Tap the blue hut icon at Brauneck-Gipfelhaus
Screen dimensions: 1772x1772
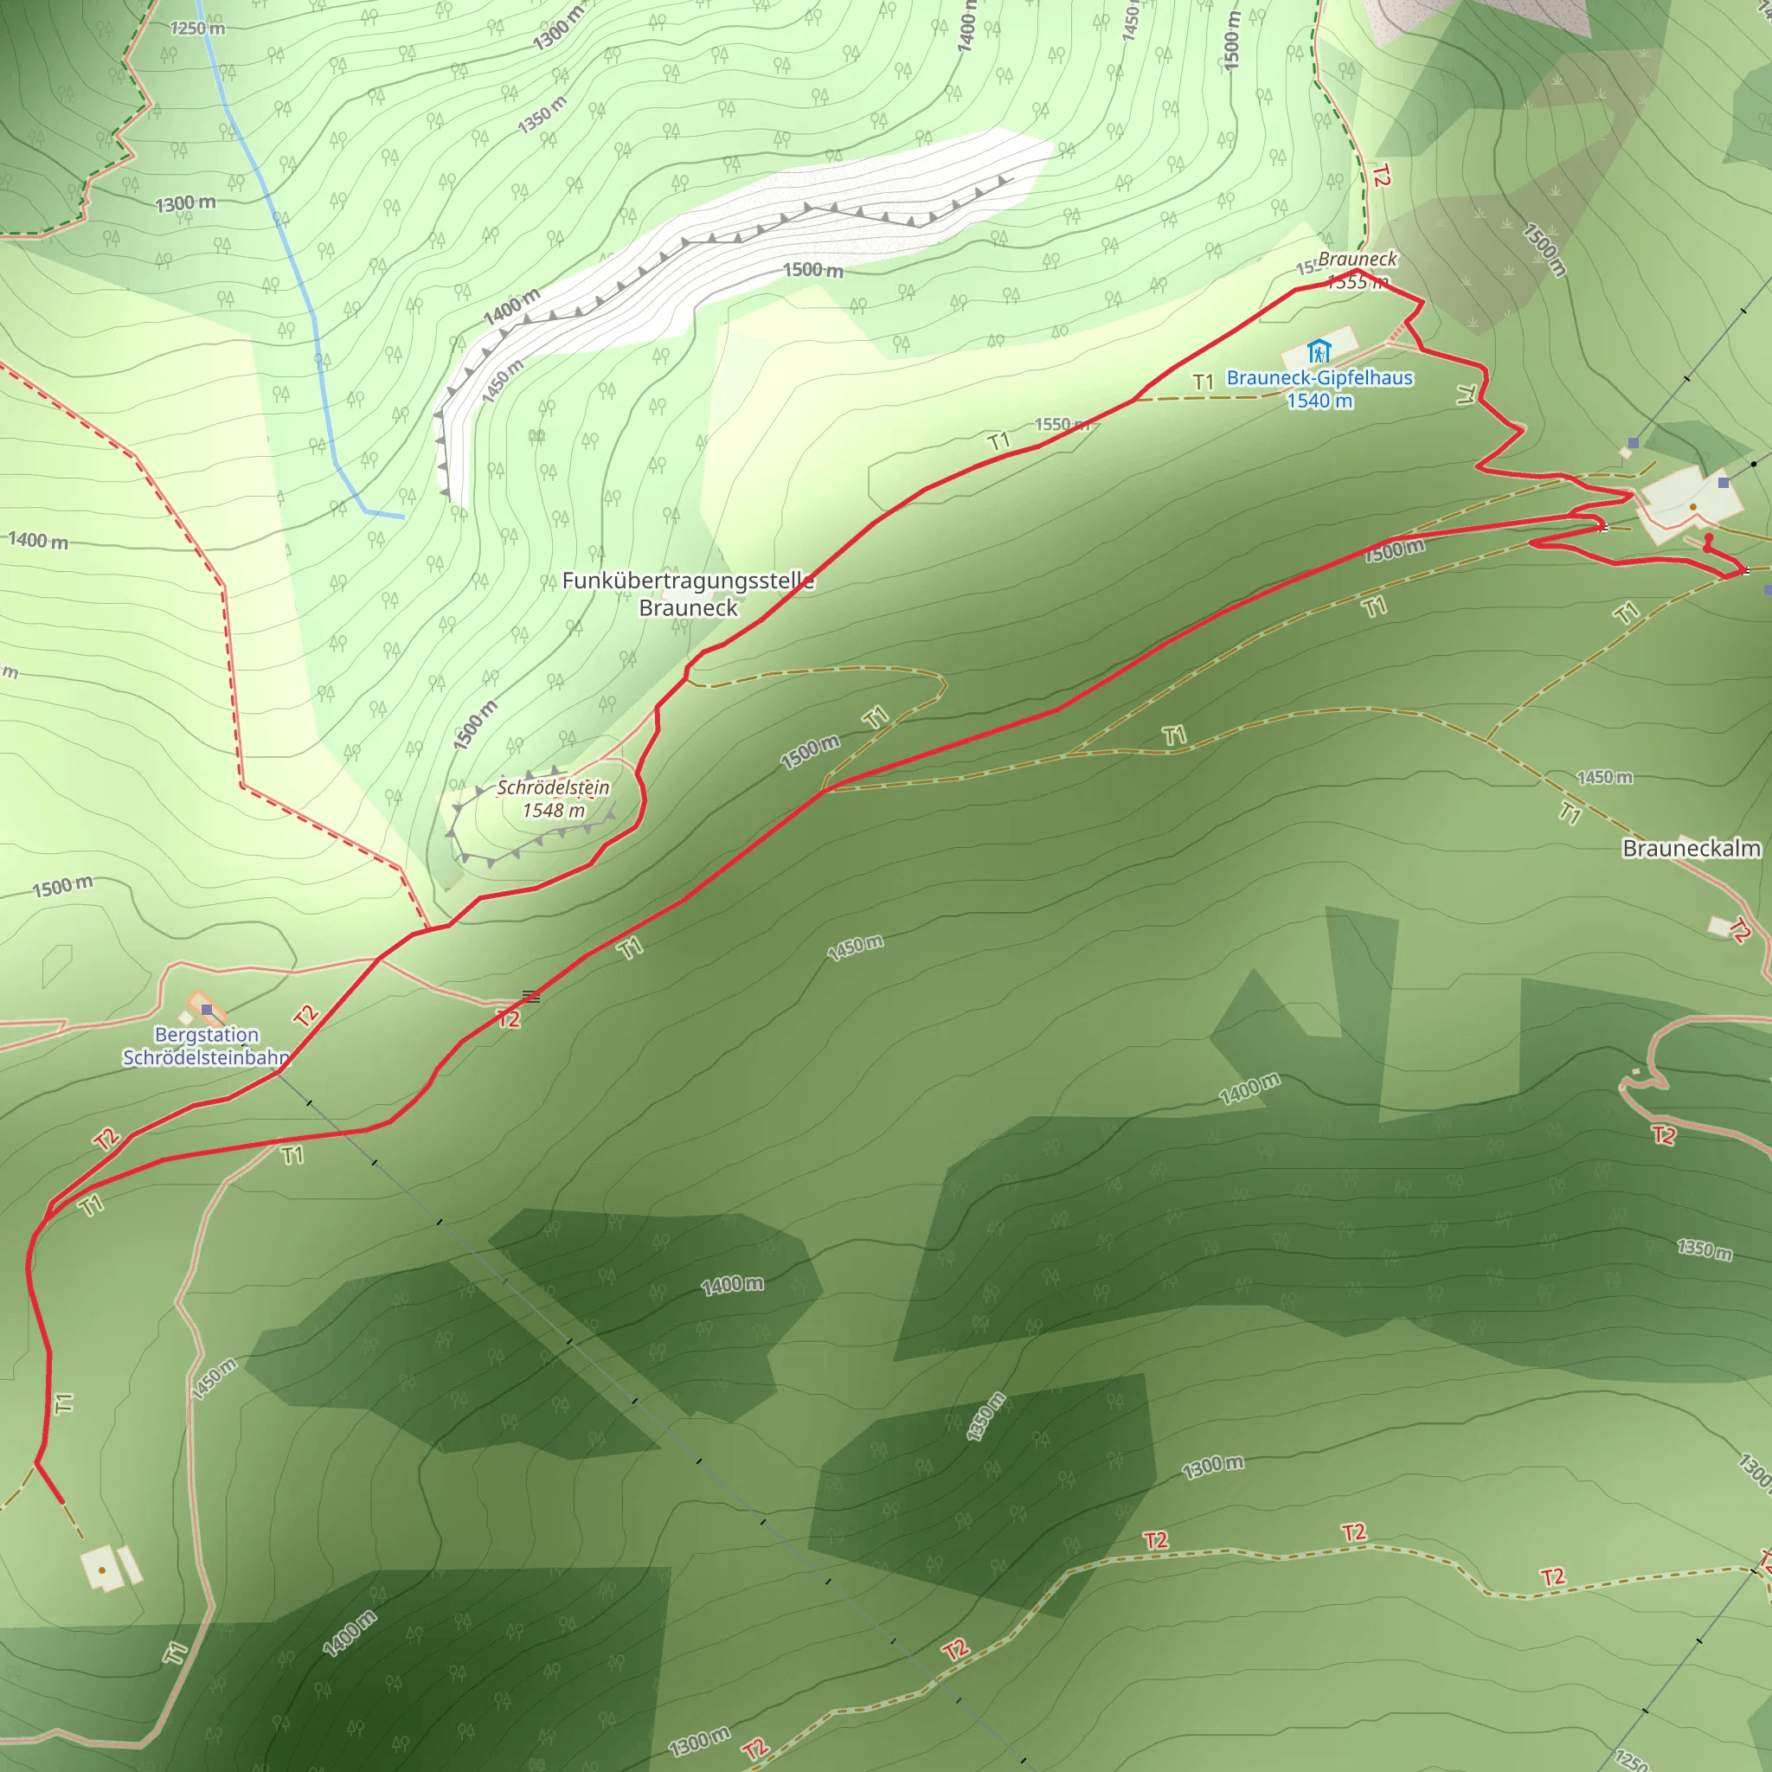[1318, 351]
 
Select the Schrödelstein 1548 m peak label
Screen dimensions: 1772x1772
[553, 799]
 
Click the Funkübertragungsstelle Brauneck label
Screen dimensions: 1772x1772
[688, 594]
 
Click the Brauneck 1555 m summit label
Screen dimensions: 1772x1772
[1358, 271]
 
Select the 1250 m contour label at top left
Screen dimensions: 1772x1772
[197, 29]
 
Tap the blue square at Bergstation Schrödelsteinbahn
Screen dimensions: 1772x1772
[208, 1010]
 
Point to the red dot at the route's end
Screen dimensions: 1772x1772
[1708, 538]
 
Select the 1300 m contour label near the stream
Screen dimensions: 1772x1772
[185, 203]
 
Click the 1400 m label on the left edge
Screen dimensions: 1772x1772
[39, 540]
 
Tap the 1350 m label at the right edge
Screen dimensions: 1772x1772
[1705, 1249]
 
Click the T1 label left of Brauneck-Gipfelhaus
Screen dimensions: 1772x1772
[1204, 382]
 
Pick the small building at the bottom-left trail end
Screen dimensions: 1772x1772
[103, 1570]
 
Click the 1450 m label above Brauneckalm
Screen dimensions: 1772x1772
[1604, 778]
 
